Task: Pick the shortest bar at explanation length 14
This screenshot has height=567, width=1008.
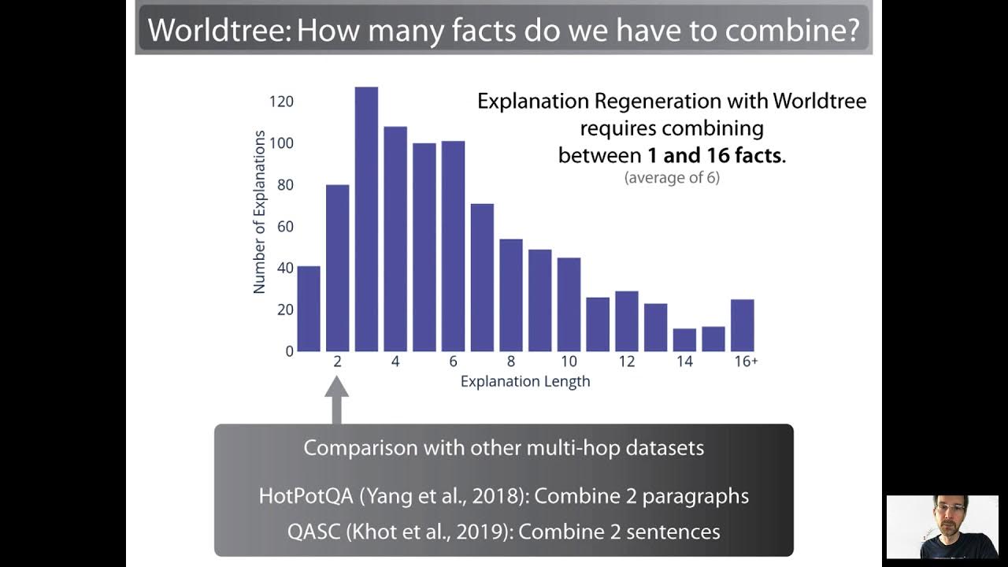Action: pyautogui.click(x=684, y=339)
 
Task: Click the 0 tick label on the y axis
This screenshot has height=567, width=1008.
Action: pyautogui.click(x=289, y=351)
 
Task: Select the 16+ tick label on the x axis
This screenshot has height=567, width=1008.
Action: pyautogui.click(x=744, y=361)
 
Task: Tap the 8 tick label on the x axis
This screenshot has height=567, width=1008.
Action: pyautogui.click(x=511, y=361)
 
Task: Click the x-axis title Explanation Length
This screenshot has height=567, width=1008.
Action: pyautogui.click(x=525, y=382)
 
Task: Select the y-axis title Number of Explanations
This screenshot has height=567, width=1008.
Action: pyautogui.click(x=259, y=212)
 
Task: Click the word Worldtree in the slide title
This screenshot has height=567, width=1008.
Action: pyautogui.click(x=214, y=30)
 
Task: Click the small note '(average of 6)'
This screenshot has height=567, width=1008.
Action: pyautogui.click(x=672, y=178)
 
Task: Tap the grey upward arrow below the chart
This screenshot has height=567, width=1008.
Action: pyautogui.click(x=337, y=398)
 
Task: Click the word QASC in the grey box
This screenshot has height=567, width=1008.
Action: pyautogui.click(x=313, y=532)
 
